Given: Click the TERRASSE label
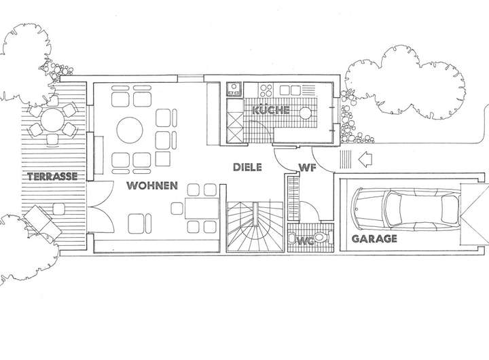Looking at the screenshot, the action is [x=52, y=177].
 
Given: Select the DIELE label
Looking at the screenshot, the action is [x=247, y=166].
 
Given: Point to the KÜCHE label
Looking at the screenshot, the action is [x=271, y=110].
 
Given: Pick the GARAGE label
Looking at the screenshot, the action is [x=374, y=239].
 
